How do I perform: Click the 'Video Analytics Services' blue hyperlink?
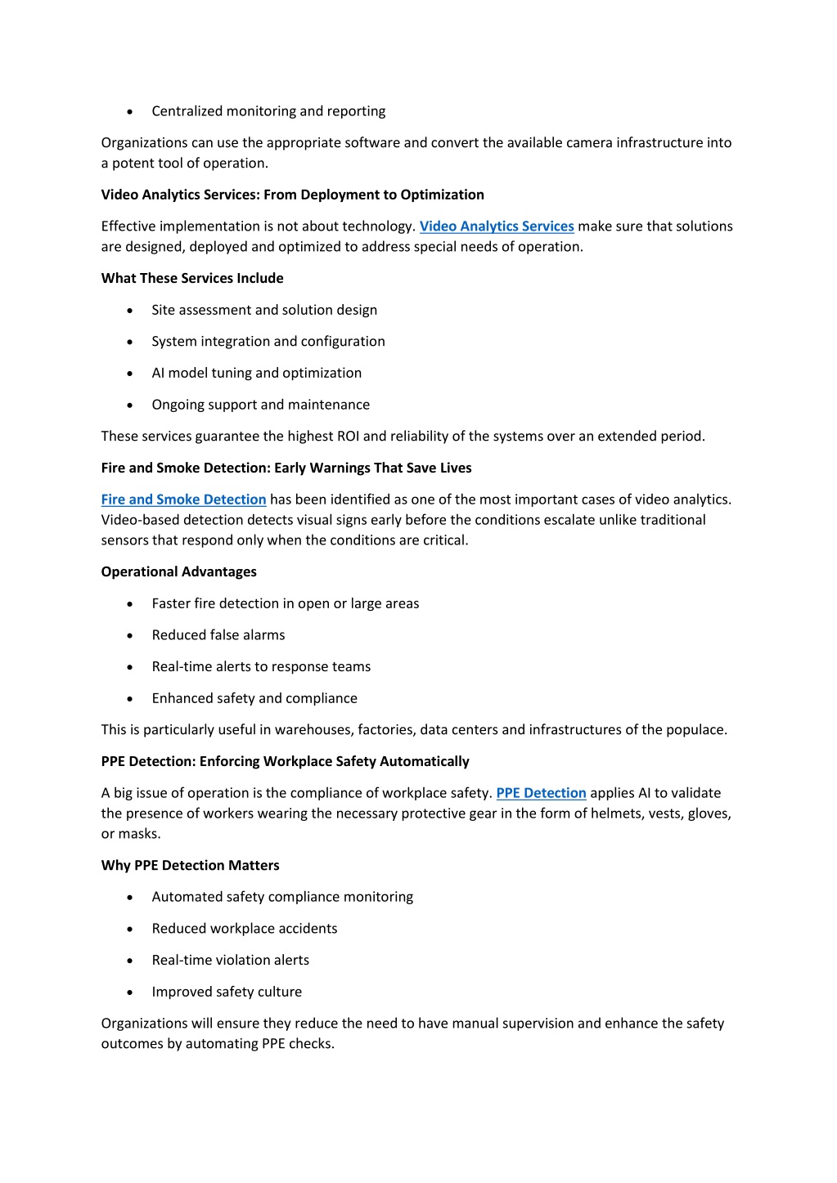click(497, 226)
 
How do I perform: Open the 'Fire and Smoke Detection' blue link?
click(183, 500)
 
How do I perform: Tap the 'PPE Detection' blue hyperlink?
click(541, 793)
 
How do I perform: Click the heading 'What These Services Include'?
click(192, 279)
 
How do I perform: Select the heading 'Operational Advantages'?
click(178, 572)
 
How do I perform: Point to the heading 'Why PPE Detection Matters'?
click(190, 866)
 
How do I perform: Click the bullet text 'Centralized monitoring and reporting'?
click(268, 111)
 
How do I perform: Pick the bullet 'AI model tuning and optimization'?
click(256, 373)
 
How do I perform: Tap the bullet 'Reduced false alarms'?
click(218, 635)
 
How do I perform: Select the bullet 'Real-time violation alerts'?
click(230, 961)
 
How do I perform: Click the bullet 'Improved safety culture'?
click(227, 992)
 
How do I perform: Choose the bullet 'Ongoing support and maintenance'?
click(260, 405)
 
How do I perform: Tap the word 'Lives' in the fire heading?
click(455, 468)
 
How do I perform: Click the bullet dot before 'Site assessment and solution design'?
click(130, 311)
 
